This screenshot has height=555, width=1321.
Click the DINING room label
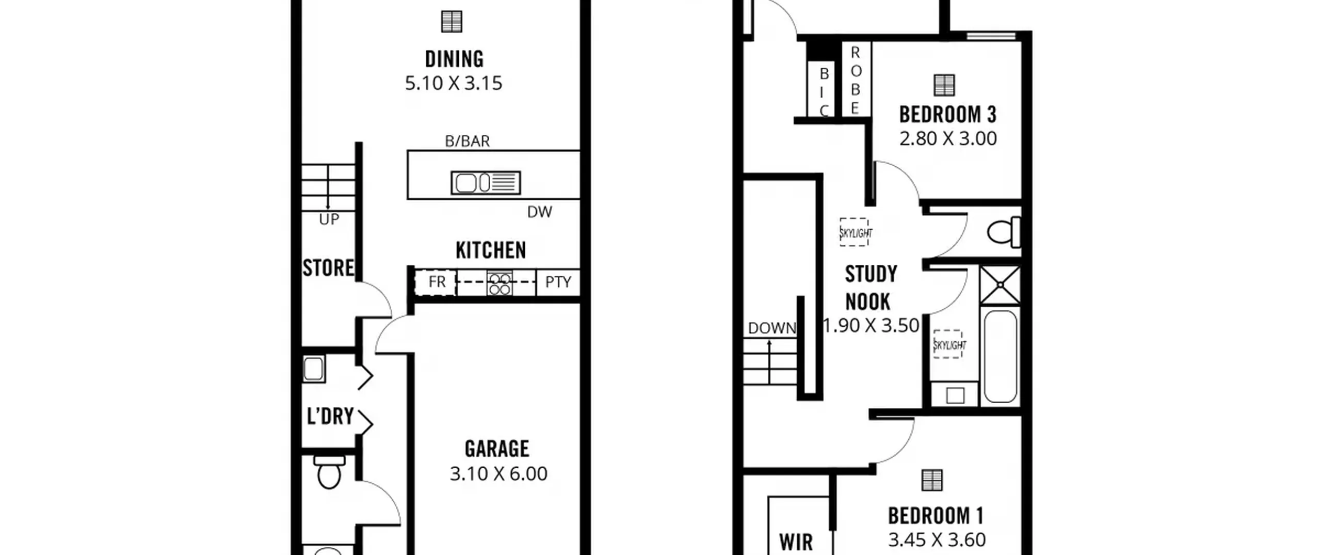[454, 59]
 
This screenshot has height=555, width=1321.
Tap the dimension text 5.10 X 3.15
[453, 83]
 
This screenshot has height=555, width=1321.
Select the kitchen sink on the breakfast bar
[486, 183]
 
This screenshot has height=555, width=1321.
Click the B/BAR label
[467, 141]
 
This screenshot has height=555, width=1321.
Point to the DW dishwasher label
[540, 212]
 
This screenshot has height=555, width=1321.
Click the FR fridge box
[436, 282]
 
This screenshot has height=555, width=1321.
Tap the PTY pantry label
[558, 282]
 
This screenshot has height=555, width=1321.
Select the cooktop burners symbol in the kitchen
[500, 283]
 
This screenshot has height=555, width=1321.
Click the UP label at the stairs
[329, 219]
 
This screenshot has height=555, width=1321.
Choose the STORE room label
[328, 268]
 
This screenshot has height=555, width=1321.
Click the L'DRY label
[330, 416]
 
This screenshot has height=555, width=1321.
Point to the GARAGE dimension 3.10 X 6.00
[498, 473]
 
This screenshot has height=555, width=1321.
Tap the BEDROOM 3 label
[947, 115]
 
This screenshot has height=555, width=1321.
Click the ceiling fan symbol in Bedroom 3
[944, 85]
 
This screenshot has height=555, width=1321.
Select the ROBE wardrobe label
[855, 80]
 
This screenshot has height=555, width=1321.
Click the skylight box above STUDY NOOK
[855, 232]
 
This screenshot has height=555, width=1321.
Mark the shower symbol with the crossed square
[1000, 285]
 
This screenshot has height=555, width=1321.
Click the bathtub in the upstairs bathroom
[1001, 356]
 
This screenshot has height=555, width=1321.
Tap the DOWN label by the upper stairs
[772, 328]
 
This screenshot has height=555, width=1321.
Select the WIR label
[796, 542]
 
